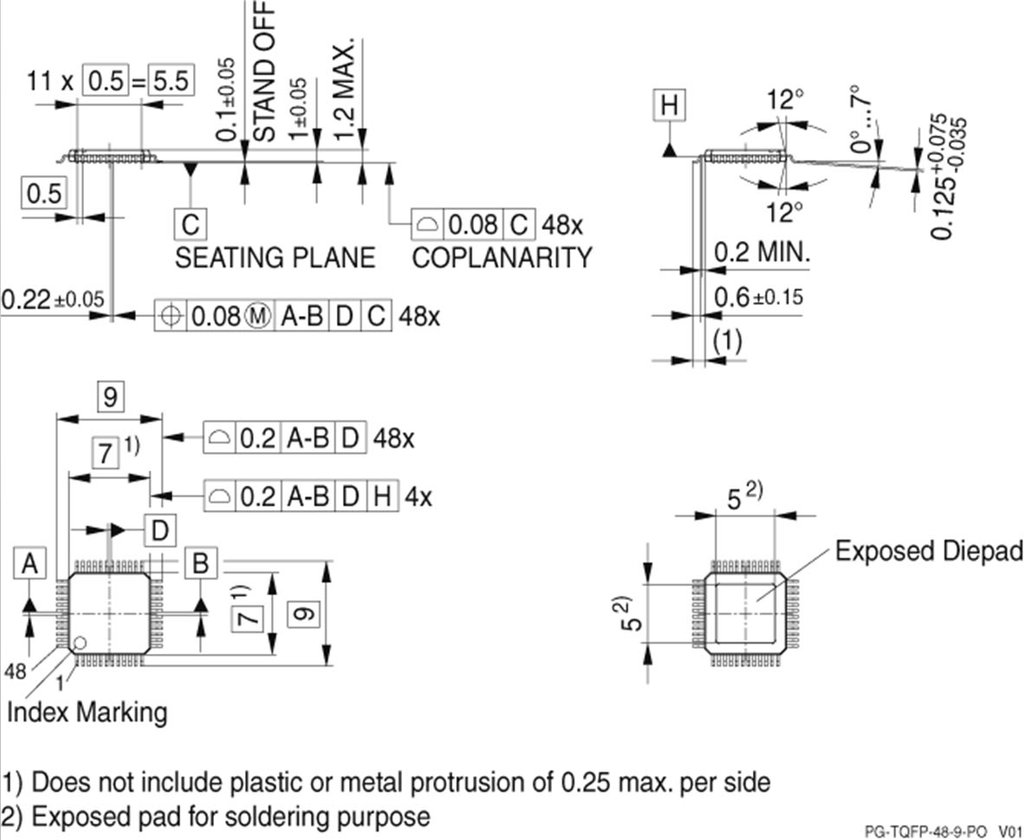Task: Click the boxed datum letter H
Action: (x=669, y=107)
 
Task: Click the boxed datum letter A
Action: (x=30, y=565)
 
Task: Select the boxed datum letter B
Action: (x=200, y=565)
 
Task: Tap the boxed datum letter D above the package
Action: (x=159, y=530)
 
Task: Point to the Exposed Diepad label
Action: (x=929, y=552)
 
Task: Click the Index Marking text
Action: (x=87, y=713)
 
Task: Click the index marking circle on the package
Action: (x=79, y=643)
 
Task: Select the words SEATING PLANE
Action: (x=275, y=257)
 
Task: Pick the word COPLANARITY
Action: (x=502, y=257)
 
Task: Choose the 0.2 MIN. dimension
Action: (x=762, y=254)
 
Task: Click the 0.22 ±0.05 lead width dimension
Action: (x=52, y=300)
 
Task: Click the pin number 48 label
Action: (x=15, y=672)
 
